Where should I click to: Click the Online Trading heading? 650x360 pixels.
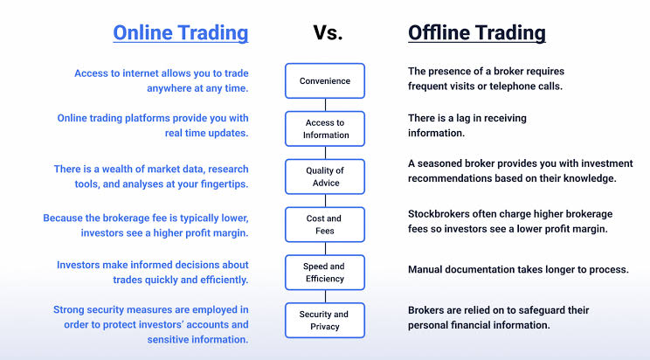coord(181,32)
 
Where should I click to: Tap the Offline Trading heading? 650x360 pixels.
coord(477,32)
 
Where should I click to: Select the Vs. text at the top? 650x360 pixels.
coord(328,32)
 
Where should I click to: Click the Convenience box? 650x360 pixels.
coord(325,81)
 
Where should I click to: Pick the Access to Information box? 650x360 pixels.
coord(325,128)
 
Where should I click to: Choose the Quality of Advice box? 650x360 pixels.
coord(325,177)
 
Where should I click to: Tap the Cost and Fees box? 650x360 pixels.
coord(325,225)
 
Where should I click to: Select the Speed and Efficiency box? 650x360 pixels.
coord(325,273)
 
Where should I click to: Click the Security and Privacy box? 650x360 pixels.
coord(325,320)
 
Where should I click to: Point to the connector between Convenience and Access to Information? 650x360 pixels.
coord(325,105)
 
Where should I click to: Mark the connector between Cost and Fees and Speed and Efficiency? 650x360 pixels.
coord(325,248)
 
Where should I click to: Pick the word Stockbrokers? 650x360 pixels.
coord(432,214)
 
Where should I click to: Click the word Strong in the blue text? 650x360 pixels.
coord(68,310)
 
